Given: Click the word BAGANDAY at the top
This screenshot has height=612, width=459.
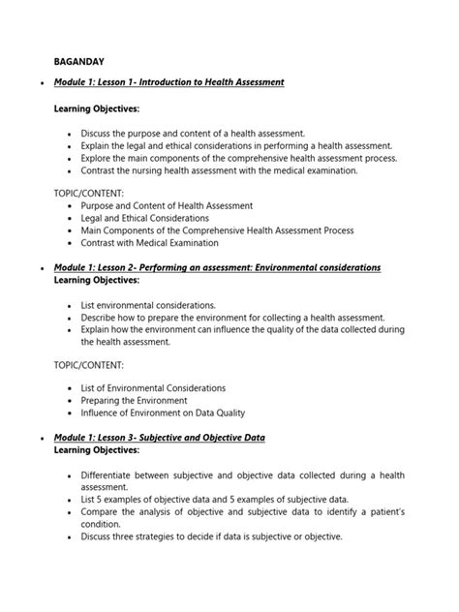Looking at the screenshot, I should coord(82,60).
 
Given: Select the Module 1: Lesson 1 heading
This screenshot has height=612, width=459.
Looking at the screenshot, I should coord(168,83).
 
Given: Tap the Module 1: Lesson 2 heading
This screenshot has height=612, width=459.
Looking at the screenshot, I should coord(217,266).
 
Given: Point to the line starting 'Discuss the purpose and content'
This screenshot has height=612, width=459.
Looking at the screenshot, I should coord(194,133).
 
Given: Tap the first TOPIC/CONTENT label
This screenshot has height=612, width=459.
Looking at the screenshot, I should coord(89,194).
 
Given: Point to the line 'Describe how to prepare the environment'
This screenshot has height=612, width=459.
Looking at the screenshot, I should coord(232,317).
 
